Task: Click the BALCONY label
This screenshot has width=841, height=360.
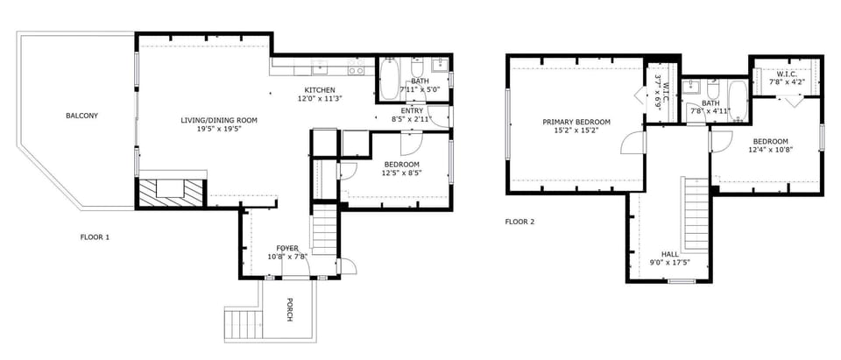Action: [x=82, y=116]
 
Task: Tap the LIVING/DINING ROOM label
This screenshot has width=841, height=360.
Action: [x=219, y=120]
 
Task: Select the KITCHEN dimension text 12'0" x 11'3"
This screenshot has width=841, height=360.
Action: [x=320, y=99]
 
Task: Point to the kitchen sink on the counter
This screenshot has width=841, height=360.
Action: [x=321, y=67]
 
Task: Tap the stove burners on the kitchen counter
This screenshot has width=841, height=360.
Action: [x=356, y=67]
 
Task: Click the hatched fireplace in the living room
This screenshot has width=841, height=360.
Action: [x=171, y=192]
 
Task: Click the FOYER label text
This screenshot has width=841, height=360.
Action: [x=287, y=248]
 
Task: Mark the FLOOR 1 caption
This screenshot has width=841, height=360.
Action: [x=95, y=237]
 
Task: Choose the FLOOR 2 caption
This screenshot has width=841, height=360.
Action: [x=519, y=222]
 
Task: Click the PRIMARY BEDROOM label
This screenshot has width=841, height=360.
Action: [x=576, y=122]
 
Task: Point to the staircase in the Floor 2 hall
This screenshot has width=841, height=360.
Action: [x=696, y=213]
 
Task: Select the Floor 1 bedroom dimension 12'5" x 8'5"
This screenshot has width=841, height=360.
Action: [x=401, y=173]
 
